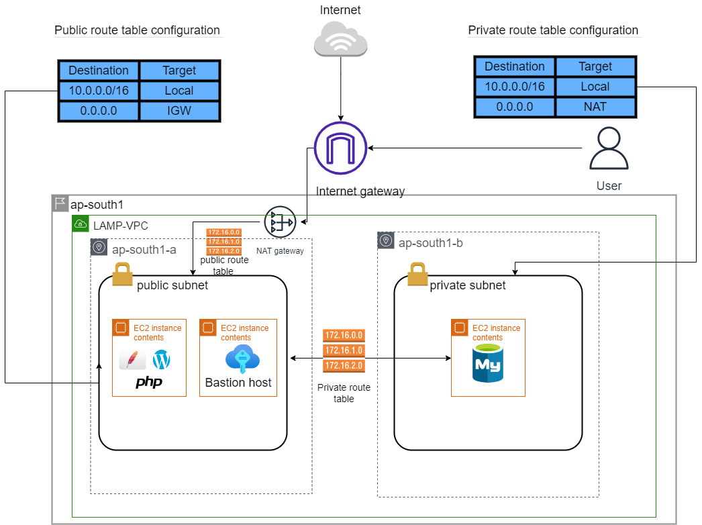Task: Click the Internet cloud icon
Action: coord(340,38)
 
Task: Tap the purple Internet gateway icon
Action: coord(340,148)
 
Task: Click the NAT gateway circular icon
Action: coord(280,222)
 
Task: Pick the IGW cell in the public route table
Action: coord(179,111)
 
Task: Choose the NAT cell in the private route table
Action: coord(595,107)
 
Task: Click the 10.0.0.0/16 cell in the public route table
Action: coord(99,91)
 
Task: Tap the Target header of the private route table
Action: coord(595,66)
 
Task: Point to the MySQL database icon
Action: coord(488,363)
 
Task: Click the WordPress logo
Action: coord(162,360)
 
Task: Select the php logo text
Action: coord(149,382)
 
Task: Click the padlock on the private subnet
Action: coord(417,274)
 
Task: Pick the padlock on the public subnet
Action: coord(122,274)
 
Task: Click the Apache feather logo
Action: coord(132,360)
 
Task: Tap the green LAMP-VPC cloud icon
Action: coord(80,224)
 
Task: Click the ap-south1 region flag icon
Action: coord(60,203)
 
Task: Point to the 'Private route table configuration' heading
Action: coord(552,30)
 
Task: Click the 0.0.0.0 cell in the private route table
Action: coord(515,107)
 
